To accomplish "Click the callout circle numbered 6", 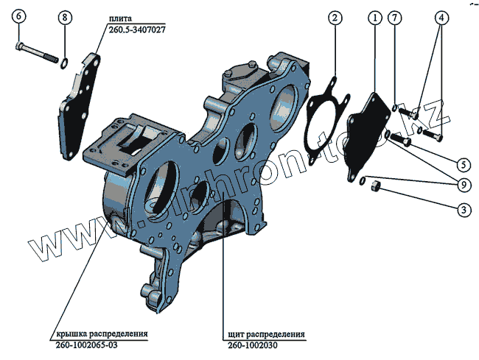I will (x=20, y=17).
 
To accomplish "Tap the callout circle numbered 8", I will (x=66, y=18).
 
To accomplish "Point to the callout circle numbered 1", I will (x=375, y=17).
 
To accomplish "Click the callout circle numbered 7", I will (x=396, y=17).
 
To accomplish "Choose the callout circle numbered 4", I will (x=441, y=17).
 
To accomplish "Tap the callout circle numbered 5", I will (x=463, y=163).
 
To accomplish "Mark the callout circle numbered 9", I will (x=463, y=185).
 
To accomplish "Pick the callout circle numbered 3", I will (x=463, y=210).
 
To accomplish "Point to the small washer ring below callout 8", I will (x=65, y=62).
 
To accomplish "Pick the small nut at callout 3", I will (x=374, y=187).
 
